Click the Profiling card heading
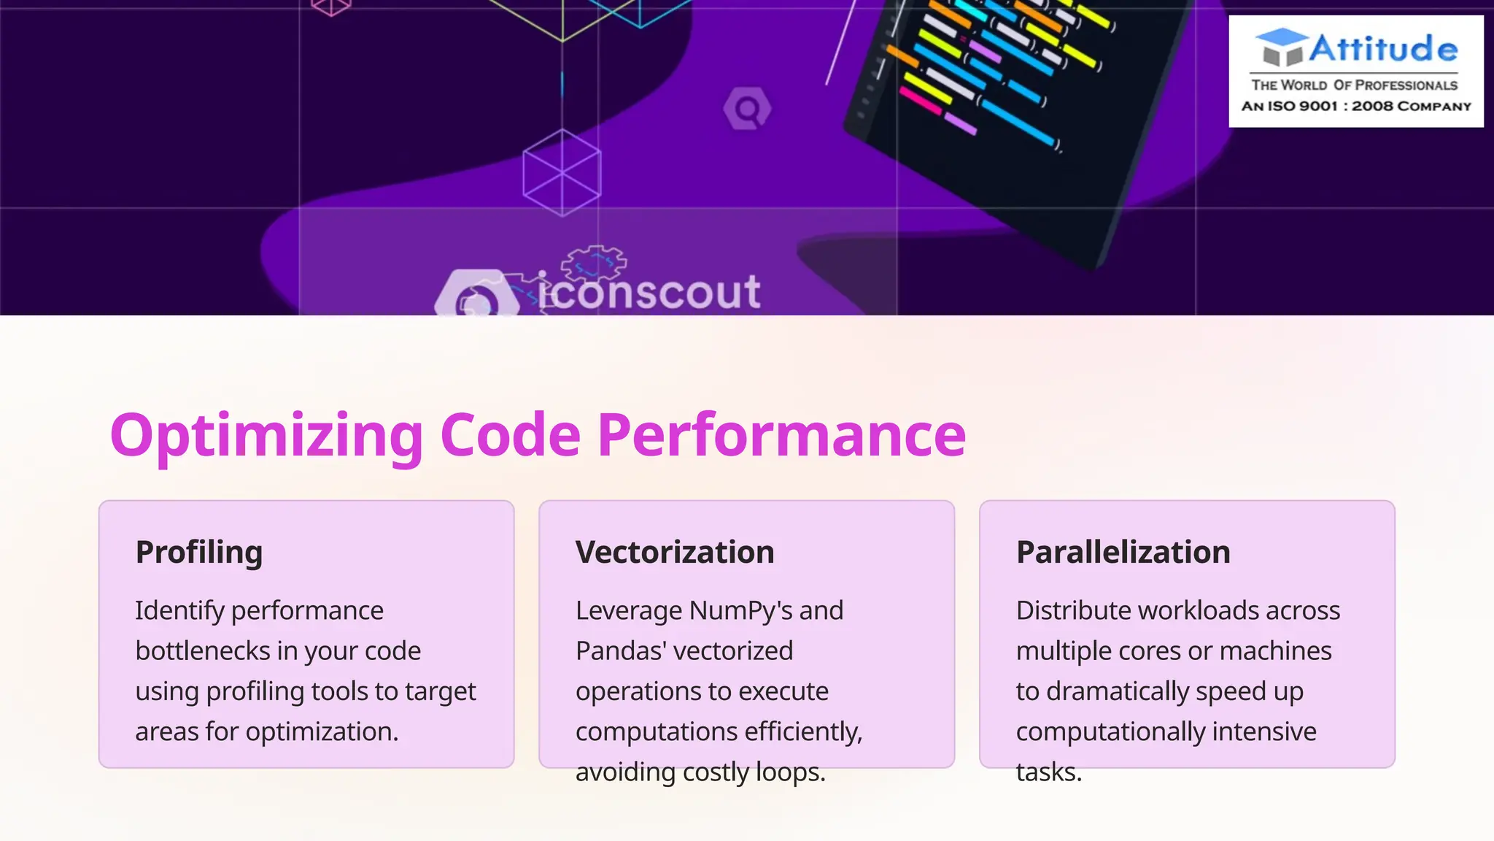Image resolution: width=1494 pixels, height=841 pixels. [x=198, y=552]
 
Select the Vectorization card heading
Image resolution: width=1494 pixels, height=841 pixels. [x=675, y=552]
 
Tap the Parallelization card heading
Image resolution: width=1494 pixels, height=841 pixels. [x=1123, y=552]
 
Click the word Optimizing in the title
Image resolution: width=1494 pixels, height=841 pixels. [x=266, y=436]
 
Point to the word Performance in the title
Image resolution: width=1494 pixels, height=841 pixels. [x=781, y=436]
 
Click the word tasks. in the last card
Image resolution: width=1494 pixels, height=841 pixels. [x=1048, y=772]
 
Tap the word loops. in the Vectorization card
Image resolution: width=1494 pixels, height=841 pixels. [x=791, y=772]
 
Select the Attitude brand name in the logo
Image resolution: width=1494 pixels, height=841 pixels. [x=1383, y=49]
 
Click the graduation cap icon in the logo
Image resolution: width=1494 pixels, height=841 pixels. [x=1282, y=47]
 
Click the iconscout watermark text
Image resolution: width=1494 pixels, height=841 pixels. [x=649, y=292]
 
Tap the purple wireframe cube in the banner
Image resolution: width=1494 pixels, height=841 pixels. [x=562, y=173]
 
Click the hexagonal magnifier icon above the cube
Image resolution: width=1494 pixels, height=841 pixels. [x=747, y=110]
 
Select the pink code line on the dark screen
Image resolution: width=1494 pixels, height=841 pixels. [x=921, y=101]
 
